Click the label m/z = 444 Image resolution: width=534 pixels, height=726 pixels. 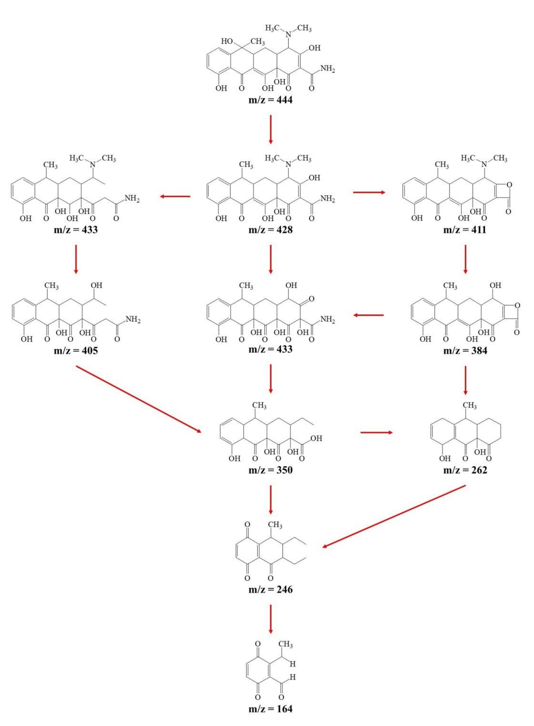click(270, 100)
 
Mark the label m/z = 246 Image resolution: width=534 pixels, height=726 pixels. click(270, 590)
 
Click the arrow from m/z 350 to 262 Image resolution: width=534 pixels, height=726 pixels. click(376, 433)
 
